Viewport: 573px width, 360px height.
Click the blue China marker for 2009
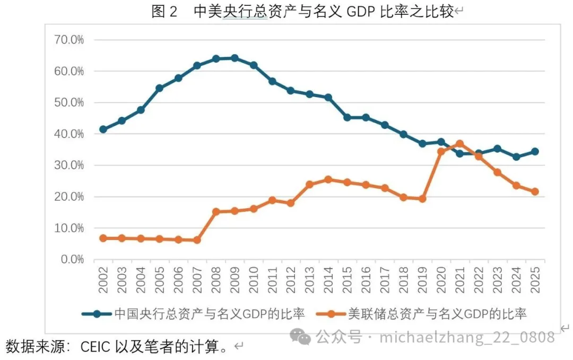click(x=235, y=58)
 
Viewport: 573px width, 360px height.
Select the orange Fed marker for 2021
click(x=459, y=144)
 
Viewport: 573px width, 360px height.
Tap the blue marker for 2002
click(x=103, y=130)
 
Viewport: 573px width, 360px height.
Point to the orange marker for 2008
click(x=216, y=211)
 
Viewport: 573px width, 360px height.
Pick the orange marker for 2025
click(x=535, y=192)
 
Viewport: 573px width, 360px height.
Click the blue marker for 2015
click(x=347, y=117)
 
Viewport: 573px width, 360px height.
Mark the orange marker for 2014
click(x=328, y=179)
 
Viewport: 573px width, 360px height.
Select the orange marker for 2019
click(x=422, y=199)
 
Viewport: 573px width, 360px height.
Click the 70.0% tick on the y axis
click(x=70, y=40)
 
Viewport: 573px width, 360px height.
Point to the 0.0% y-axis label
click(x=72, y=259)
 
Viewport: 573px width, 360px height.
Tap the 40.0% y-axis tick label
click(x=70, y=134)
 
